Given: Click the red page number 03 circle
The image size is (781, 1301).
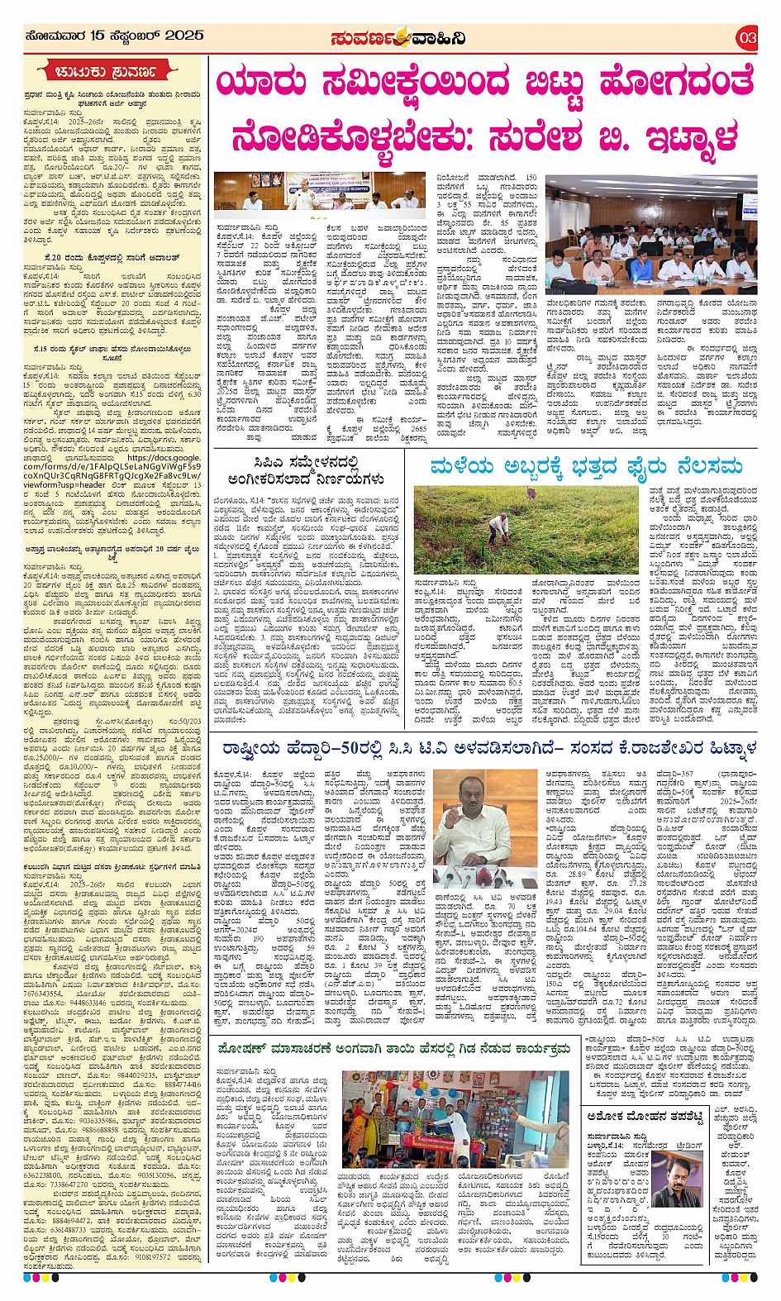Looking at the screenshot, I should pos(747,37).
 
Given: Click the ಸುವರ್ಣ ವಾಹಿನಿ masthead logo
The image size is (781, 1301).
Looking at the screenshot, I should pos(398,37).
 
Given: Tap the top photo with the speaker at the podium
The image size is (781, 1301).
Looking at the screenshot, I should pos(319,192).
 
